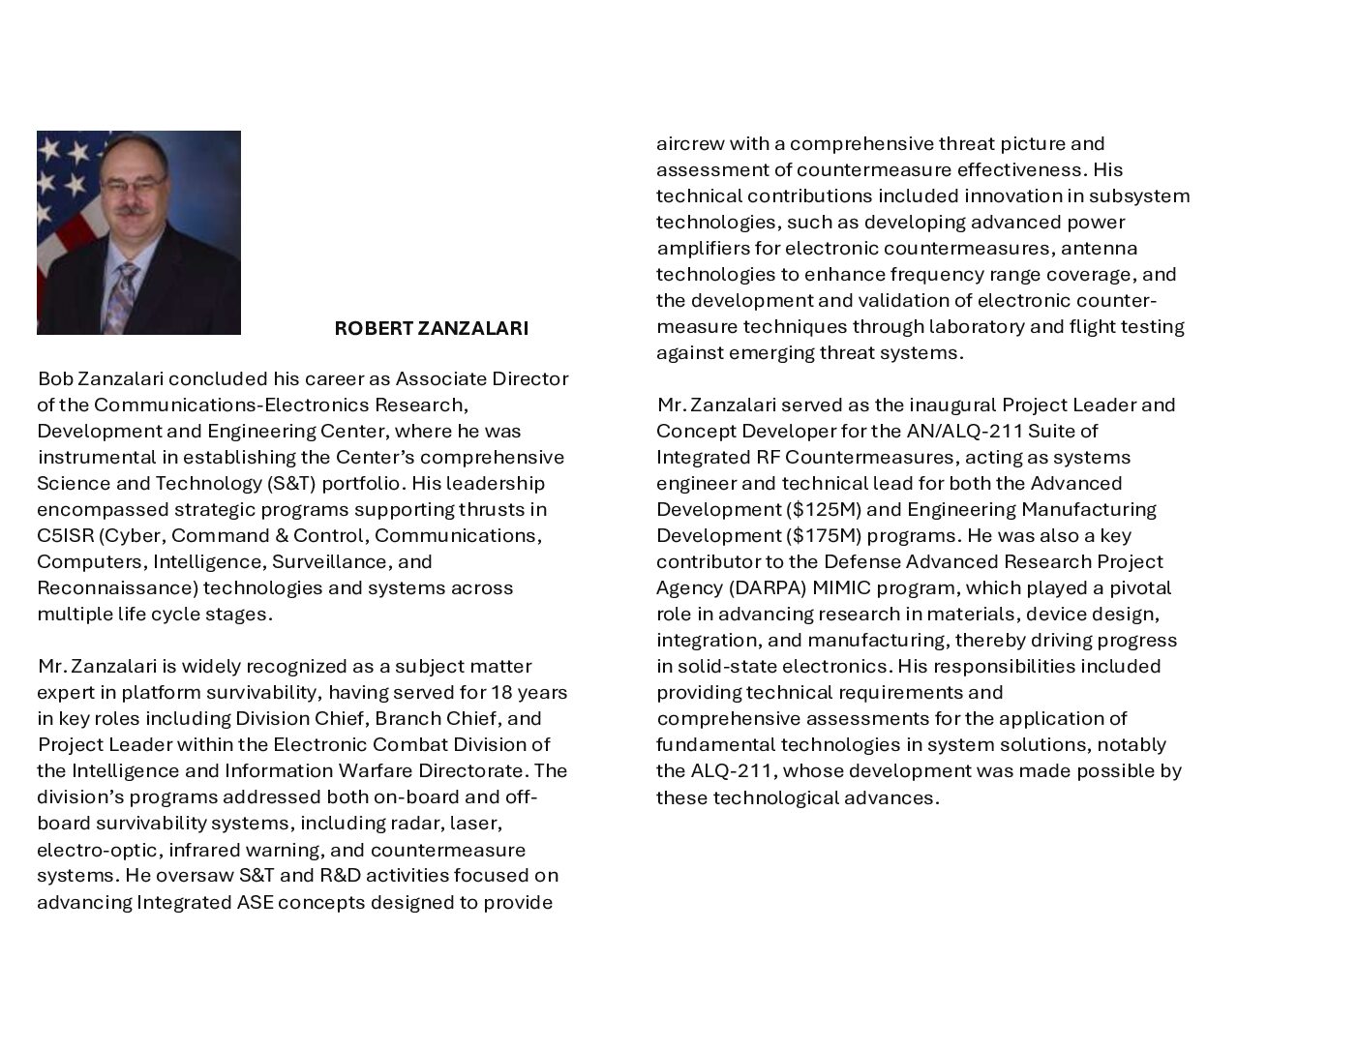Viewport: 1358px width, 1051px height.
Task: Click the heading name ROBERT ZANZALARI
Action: point(431,328)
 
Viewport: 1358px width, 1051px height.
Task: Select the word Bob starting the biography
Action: point(55,378)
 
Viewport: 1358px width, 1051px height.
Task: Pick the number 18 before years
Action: point(503,692)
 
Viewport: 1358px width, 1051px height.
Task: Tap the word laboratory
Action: point(976,326)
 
